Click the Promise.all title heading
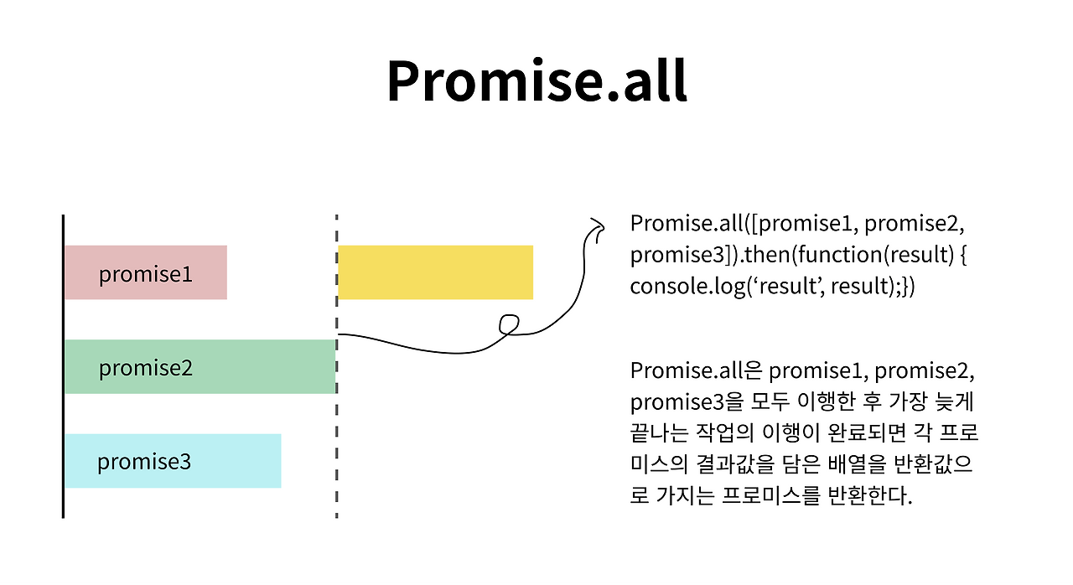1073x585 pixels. [x=536, y=81]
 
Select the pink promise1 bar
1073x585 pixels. [x=146, y=272]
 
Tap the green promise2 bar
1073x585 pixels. [x=200, y=367]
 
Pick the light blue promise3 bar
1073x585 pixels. [x=173, y=461]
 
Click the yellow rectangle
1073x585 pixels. [x=435, y=272]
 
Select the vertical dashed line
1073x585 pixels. [x=336, y=419]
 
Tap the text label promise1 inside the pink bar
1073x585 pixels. [x=146, y=274]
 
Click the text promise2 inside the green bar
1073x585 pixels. [x=146, y=368]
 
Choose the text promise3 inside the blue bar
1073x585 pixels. [x=144, y=462]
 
